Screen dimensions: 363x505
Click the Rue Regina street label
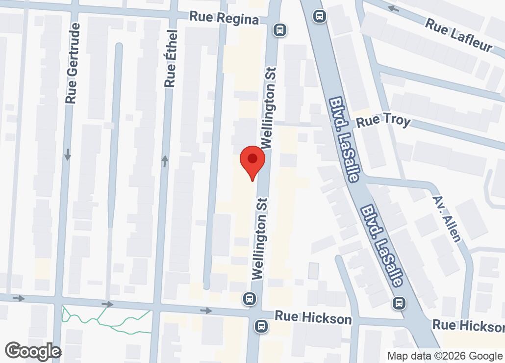(224, 19)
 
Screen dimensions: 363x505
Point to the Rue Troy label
(383, 121)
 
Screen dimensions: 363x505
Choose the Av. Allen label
(447, 219)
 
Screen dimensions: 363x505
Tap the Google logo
(32, 351)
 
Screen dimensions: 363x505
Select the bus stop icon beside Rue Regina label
(280, 30)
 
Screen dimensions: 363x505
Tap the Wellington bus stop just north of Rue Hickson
(250, 298)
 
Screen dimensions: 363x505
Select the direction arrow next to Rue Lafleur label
(392, 8)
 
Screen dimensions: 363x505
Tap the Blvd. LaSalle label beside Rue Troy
(343, 138)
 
